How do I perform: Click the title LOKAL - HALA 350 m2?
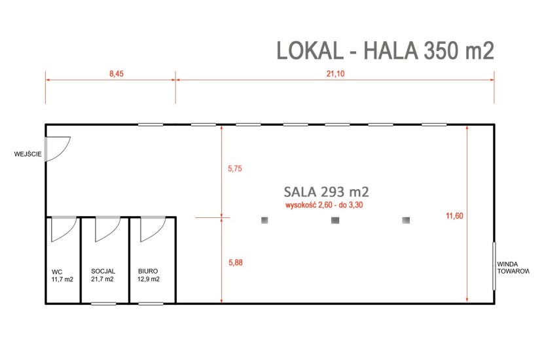point(385,50)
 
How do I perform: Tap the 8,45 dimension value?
point(117,74)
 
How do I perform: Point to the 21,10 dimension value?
point(335,74)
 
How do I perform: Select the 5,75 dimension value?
point(235,169)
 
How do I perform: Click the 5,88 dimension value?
point(236,262)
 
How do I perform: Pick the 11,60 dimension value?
point(454,216)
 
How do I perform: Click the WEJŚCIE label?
point(27,154)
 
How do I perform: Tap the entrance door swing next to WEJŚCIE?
point(58,149)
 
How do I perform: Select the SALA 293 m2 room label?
point(327,191)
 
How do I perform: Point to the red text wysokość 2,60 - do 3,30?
point(324,205)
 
